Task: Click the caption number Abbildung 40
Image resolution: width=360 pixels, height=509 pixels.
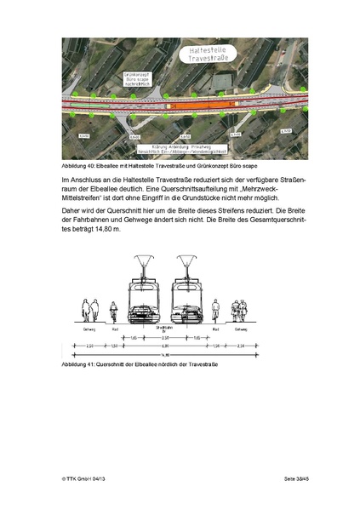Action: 79,166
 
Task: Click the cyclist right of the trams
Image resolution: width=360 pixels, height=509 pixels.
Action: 218,313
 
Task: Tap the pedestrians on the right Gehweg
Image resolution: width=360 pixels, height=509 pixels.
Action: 243,310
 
